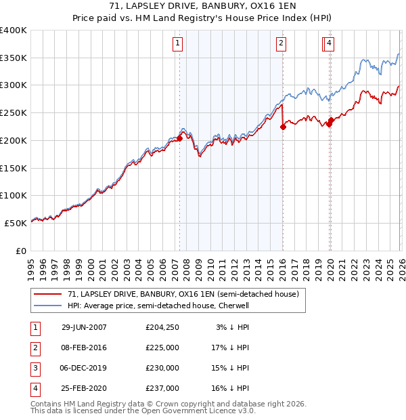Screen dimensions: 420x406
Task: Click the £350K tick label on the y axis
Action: pyautogui.click(x=14, y=58)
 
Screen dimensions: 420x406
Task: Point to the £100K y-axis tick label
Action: pyautogui.click(x=14, y=195)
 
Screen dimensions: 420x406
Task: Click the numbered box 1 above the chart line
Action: pyautogui.click(x=177, y=44)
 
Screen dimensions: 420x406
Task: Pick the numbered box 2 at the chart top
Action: pyautogui.click(x=280, y=44)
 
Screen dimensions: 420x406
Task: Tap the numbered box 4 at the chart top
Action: pyautogui.click(x=329, y=44)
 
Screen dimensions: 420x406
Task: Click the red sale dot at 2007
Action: pyautogui.click(x=180, y=138)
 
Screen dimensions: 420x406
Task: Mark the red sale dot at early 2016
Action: pyautogui.click(x=283, y=127)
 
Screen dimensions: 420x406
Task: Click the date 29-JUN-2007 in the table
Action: pyautogui.click(x=84, y=327)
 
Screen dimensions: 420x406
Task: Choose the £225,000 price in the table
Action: pyautogui.click(x=162, y=348)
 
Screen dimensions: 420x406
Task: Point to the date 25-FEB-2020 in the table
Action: pyautogui.click(x=84, y=388)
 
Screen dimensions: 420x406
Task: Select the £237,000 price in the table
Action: pyautogui.click(x=162, y=388)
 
